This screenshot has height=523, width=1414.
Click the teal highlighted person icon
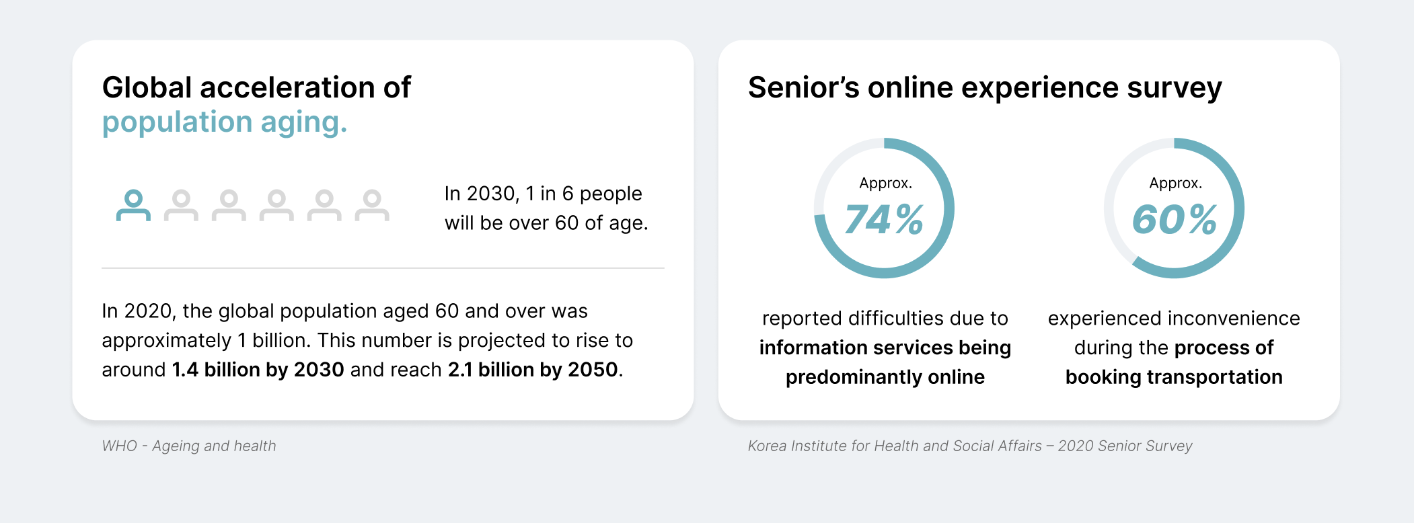(x=133, y=205)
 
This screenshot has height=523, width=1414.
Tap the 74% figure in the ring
(x=884, y=220)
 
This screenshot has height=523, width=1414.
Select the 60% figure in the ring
(x=1175, y=220)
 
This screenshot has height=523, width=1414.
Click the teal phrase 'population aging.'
(x=225, y=123)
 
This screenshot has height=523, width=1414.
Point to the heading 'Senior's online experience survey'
(x=985, y=88)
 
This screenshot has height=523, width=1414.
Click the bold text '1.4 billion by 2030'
(x=258, y=370)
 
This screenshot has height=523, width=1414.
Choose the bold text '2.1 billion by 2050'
(x=533, y=370)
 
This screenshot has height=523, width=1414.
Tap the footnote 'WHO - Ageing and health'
(x=189, y=446)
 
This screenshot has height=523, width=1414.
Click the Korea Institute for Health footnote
(x=970, y=446)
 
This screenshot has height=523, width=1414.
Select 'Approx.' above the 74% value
(x=885, y=184)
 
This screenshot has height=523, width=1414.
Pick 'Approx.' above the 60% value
(x=1175, y=184)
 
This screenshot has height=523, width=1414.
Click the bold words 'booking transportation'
(x=1174, y=377)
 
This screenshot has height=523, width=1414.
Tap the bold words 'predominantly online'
(x=885, y=377)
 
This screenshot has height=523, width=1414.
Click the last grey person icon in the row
(x=372, y=205)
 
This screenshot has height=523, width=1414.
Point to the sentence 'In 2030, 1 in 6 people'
(x=544, y=194)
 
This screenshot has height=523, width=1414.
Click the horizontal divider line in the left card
(x=383, y=268)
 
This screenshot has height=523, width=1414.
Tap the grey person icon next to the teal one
(x=181, y=205)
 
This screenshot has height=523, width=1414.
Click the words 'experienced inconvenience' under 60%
(x=1174, y=319)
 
